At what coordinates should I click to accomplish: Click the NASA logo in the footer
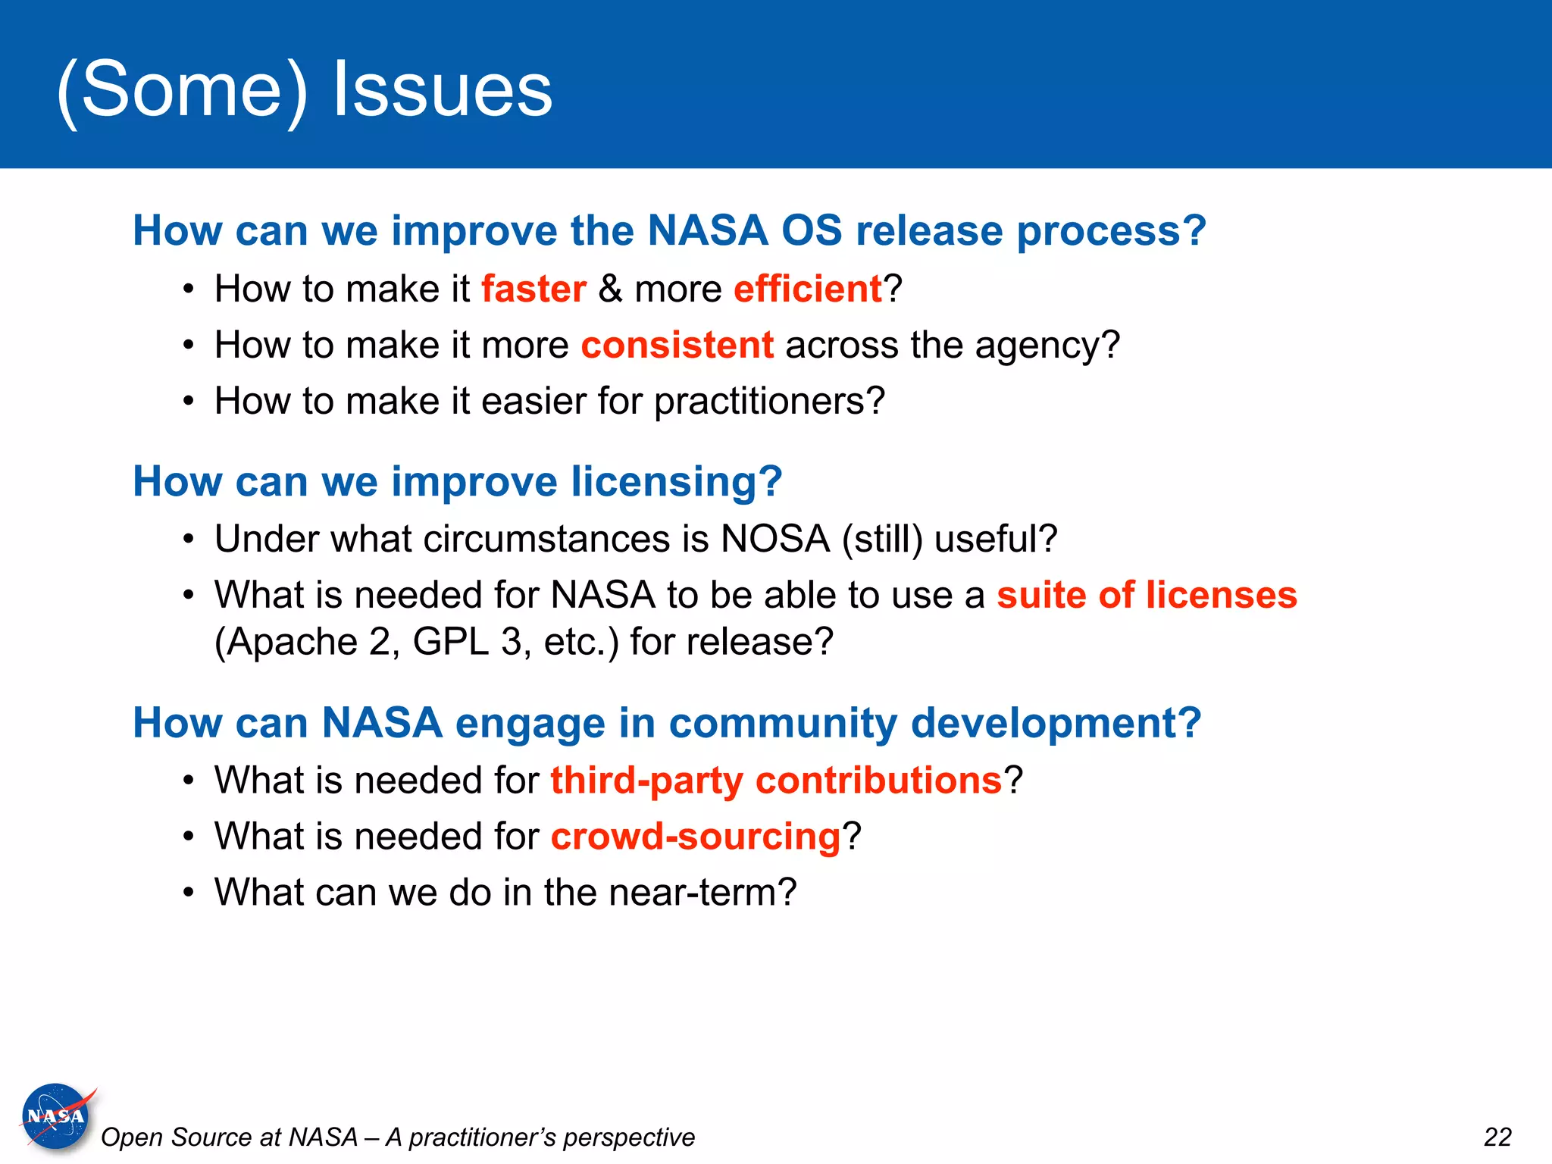coord(56,1116)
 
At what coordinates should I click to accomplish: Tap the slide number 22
coord(1497,1137)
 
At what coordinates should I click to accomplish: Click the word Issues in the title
coord(443,89)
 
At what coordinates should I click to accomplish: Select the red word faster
coord(533,289)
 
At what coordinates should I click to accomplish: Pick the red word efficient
coord(807,289)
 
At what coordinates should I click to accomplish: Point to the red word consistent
coord(677,345)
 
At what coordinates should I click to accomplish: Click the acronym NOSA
coord(775,539)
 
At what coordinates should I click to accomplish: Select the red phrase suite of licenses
coord(1147,595)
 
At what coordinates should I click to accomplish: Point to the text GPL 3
coord(467,642)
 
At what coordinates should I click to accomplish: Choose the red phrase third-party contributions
coord(776,780)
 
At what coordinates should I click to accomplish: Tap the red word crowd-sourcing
coord(695,836)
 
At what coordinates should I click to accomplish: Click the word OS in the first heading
coord(812,230)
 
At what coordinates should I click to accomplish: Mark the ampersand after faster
coord(610,289)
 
